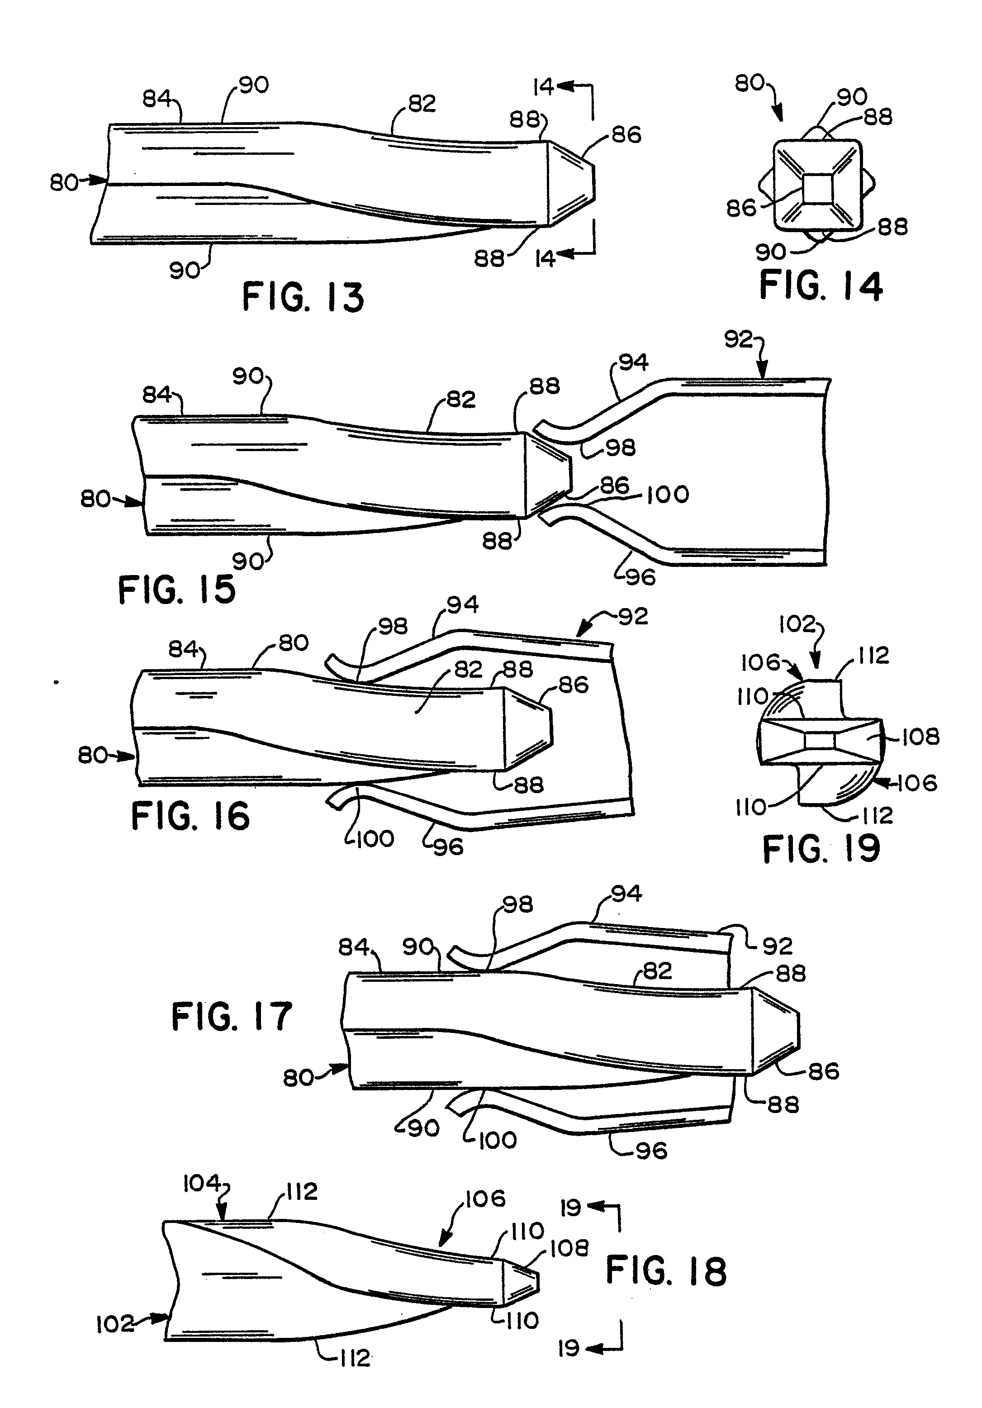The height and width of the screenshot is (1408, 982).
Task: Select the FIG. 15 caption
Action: point(176,590)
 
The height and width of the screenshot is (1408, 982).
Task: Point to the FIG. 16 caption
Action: point(190,816)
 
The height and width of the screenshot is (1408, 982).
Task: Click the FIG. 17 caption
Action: point(232,1017)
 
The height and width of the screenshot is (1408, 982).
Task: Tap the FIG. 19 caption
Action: point(821,850)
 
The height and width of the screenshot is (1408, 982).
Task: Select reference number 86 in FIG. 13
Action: point(626,135)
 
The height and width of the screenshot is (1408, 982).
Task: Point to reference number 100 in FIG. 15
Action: point(668,494)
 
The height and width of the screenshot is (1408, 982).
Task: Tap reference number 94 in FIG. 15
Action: point(633,362)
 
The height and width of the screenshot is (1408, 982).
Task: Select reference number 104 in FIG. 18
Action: point(202,1184)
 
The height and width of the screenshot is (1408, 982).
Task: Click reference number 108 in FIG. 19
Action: point(920,737)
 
